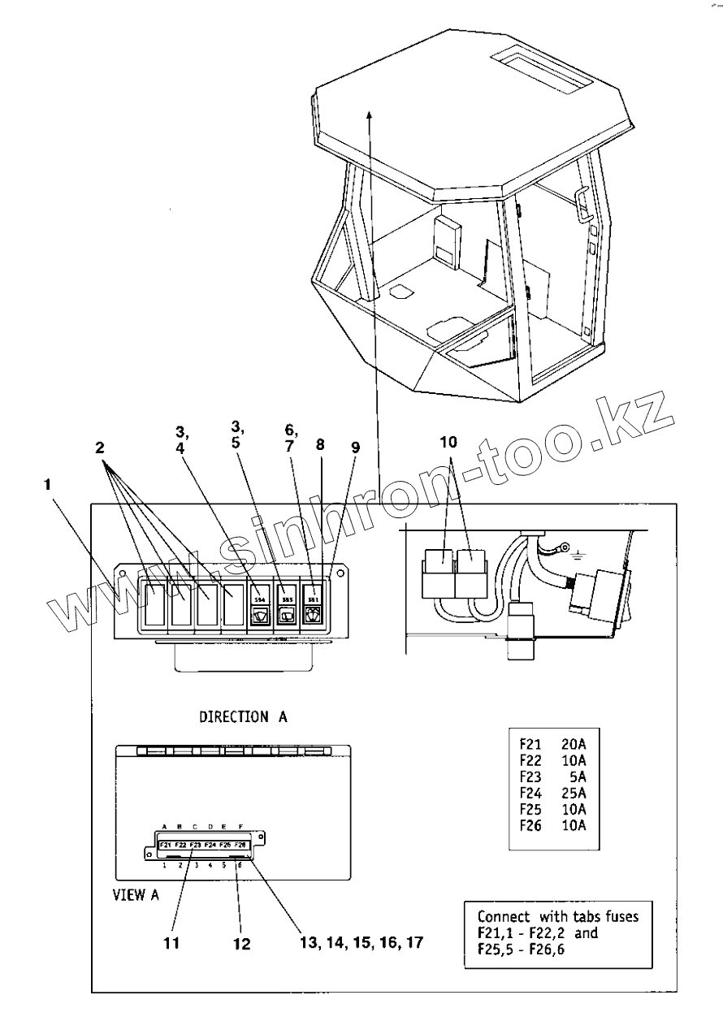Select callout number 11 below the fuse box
(171, 944)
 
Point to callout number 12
(241, 944)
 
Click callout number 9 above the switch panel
(354, 448)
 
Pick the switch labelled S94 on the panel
(260, 605)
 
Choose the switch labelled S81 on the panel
(313, 605)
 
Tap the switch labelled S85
(286, 605)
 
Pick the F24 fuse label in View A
(210, 846)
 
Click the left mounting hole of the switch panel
(121, 573)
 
